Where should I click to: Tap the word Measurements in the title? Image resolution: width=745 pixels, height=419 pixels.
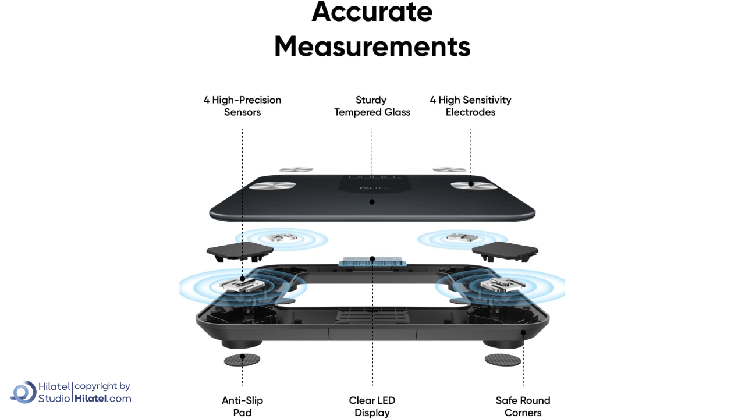point(372,46)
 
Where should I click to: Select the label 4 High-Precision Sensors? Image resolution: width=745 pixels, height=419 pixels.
point(242,106)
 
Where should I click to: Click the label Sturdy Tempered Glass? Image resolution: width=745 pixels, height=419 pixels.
point(372,106)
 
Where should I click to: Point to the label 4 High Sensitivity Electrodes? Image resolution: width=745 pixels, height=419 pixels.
point(470,106)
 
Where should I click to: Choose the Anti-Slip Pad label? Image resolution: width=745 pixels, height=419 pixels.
point(242,406)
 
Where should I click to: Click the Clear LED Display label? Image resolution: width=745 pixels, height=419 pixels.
point(372,406)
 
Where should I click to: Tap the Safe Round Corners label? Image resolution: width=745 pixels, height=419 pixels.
point(523,406)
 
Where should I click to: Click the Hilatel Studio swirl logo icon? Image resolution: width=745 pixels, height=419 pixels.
point(24,392)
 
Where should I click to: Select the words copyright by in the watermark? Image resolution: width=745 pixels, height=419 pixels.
point(102,386)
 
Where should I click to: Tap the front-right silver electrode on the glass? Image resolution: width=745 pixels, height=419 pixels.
point(474,185)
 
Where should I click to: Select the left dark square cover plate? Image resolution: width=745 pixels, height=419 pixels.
point(240,251)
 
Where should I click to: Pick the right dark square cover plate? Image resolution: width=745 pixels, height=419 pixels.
point(505,251)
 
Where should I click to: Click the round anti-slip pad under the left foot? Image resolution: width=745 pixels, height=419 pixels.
point(242,360)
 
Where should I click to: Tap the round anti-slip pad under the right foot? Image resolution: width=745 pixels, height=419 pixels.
point(503,359)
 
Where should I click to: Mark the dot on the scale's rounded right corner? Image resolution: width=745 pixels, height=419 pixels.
point(523,333)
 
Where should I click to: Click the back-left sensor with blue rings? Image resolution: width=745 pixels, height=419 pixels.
point(281,238)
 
